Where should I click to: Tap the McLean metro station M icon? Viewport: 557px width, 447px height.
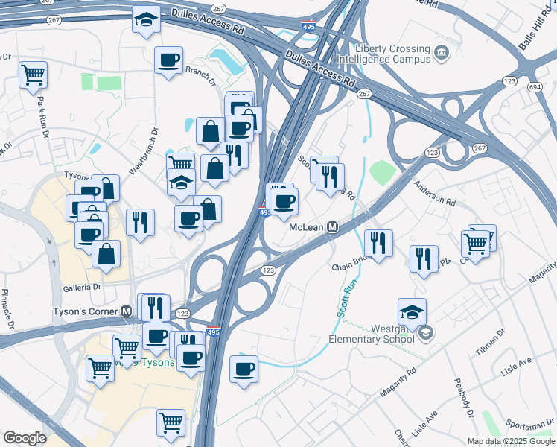pos(334,226)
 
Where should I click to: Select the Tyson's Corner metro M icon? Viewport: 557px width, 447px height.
pos(127,311)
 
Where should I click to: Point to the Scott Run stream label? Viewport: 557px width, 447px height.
pos(343,297)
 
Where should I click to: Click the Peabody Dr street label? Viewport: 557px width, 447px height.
pos(462,403)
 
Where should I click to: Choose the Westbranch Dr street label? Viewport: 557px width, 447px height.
pos(144,150)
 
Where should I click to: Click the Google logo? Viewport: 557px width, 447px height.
pos(25,438)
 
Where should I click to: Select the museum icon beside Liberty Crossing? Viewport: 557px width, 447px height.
pos(442,52)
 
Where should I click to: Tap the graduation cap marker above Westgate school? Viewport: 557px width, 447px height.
pos(412,311)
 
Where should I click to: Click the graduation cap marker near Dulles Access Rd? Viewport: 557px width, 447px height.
pos(146,20)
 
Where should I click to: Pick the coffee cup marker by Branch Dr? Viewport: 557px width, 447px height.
pos(169,60)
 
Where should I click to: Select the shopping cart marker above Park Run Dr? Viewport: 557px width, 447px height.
pos(33,74)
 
